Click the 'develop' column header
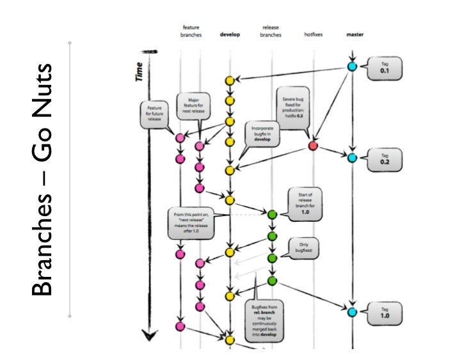tap(229, 35)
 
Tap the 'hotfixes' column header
tap(314, 35)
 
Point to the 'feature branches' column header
tap(191, 31)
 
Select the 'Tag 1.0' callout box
tap(385, 313)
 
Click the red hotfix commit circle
tap(313, 146)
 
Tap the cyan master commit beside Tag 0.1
tap(351, 66)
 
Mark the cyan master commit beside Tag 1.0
tap(351, 312)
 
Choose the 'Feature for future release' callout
tap(154, 114)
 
